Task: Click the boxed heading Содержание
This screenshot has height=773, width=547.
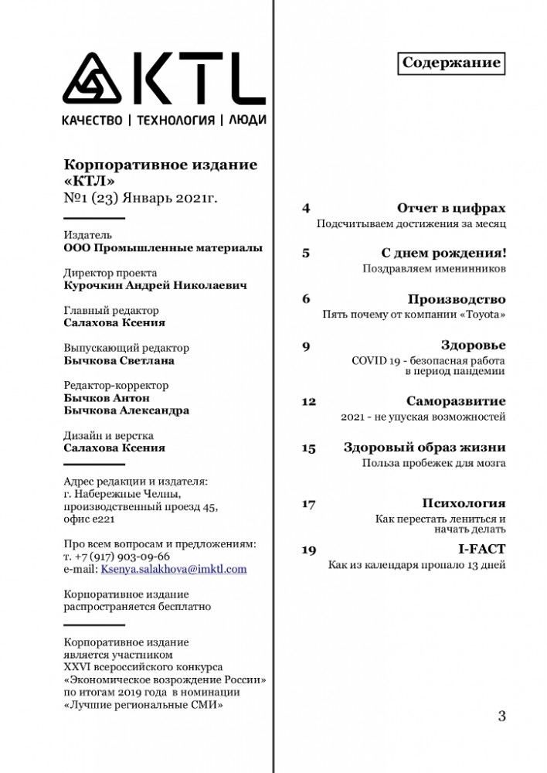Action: (452, 63)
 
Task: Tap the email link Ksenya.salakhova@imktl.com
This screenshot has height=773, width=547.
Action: (174, 569)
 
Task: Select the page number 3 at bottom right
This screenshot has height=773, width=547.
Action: (501, 716)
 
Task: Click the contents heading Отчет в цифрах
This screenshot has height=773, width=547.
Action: (451, 209)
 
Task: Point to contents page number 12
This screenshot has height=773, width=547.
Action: (308, 402)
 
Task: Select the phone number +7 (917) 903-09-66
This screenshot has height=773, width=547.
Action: (124, 556)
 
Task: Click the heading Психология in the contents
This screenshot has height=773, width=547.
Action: (464, 504)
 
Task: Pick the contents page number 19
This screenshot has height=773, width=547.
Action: (308, 550)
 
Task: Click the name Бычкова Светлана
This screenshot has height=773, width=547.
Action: (119, 360)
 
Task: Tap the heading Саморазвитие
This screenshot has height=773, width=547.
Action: (456, 401)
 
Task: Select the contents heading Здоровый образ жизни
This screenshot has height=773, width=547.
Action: (424, 448)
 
